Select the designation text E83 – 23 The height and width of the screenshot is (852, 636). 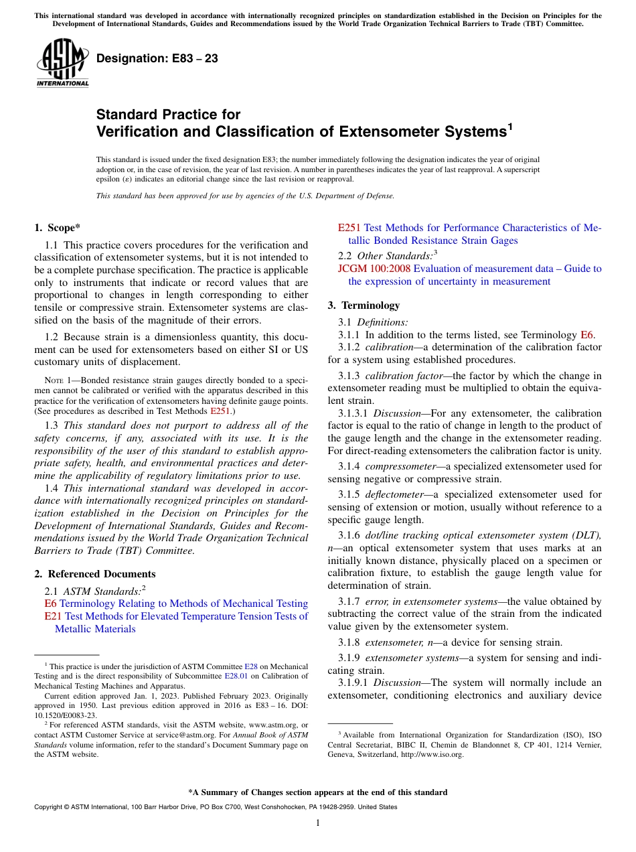[157, 59]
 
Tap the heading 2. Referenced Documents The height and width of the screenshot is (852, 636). [95, 574]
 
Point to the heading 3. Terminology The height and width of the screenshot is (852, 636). [364, 305]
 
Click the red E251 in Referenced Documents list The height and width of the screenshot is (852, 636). [349, 228]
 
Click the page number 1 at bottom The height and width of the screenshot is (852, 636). [318, 823]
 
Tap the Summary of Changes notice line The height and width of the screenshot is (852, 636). [318, 792]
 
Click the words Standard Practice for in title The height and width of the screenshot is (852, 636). [168, 115]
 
